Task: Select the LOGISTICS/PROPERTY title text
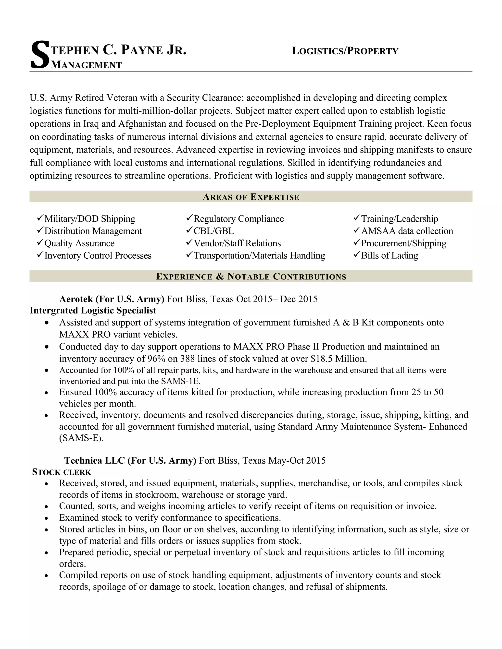coord(345,51)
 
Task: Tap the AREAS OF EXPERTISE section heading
coord(251,197)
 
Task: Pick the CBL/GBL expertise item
coord(213,231)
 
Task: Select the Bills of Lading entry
coord(389,255)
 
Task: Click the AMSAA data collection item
coord(407,231)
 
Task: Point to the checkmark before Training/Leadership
coord(357,218)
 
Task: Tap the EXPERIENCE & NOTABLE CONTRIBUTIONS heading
coord(251,277)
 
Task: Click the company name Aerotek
coord(76,299)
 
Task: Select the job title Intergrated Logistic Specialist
coord(93,311)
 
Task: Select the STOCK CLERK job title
coord(62,472)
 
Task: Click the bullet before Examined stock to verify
coord(46,518)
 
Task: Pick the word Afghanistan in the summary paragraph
coord(142,124)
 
